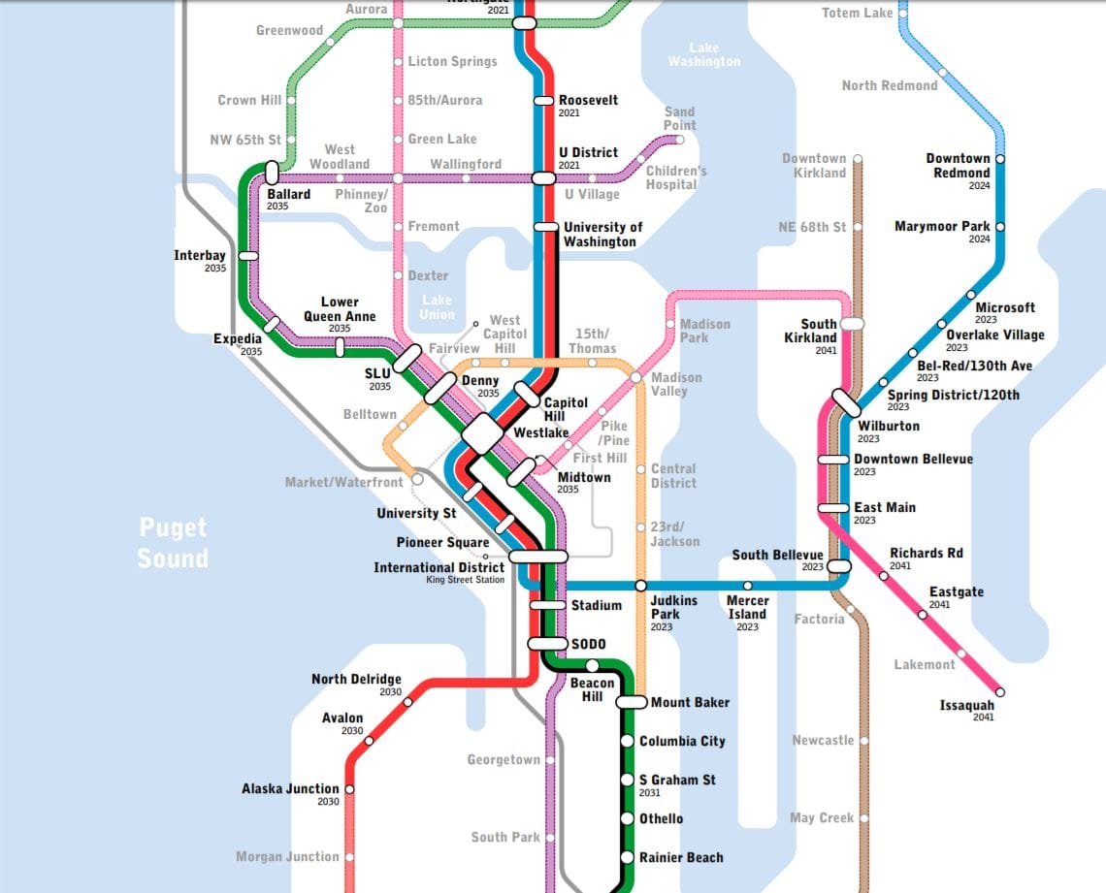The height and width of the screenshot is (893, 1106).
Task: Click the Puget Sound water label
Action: tap(173, 543)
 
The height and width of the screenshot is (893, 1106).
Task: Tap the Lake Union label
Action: tap(437, 306)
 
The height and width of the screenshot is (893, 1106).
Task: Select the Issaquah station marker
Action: tap(1000, 692)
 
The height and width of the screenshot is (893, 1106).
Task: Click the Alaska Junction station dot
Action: tap(349, 789)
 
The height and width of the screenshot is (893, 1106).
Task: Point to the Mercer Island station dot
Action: tap(747, 586)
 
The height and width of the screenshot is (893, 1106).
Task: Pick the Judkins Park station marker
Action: tap(640, 586)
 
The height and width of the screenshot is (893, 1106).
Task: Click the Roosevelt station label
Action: tap(588, 100)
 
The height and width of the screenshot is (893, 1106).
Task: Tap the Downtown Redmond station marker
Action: tap(1000, 158)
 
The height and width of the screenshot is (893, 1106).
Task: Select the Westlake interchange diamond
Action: tap(482, 432)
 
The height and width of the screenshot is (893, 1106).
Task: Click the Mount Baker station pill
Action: tap(632, 702)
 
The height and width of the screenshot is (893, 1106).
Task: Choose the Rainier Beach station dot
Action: tap(628, 857)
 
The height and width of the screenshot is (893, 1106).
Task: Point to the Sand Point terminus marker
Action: tap(679, 140)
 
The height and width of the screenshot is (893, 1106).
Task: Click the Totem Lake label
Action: tap(857, 13)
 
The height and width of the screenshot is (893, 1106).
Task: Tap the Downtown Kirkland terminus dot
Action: tap(858, 158)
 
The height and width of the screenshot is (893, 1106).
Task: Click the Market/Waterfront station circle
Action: tap(417, 479)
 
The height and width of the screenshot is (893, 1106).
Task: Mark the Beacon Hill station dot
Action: tap(592, 664)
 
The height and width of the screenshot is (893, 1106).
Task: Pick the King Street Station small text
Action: tap(465, 580)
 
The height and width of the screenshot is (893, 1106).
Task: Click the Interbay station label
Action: tap(200, 256)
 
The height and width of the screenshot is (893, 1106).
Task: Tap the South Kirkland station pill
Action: tap(852, 324)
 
